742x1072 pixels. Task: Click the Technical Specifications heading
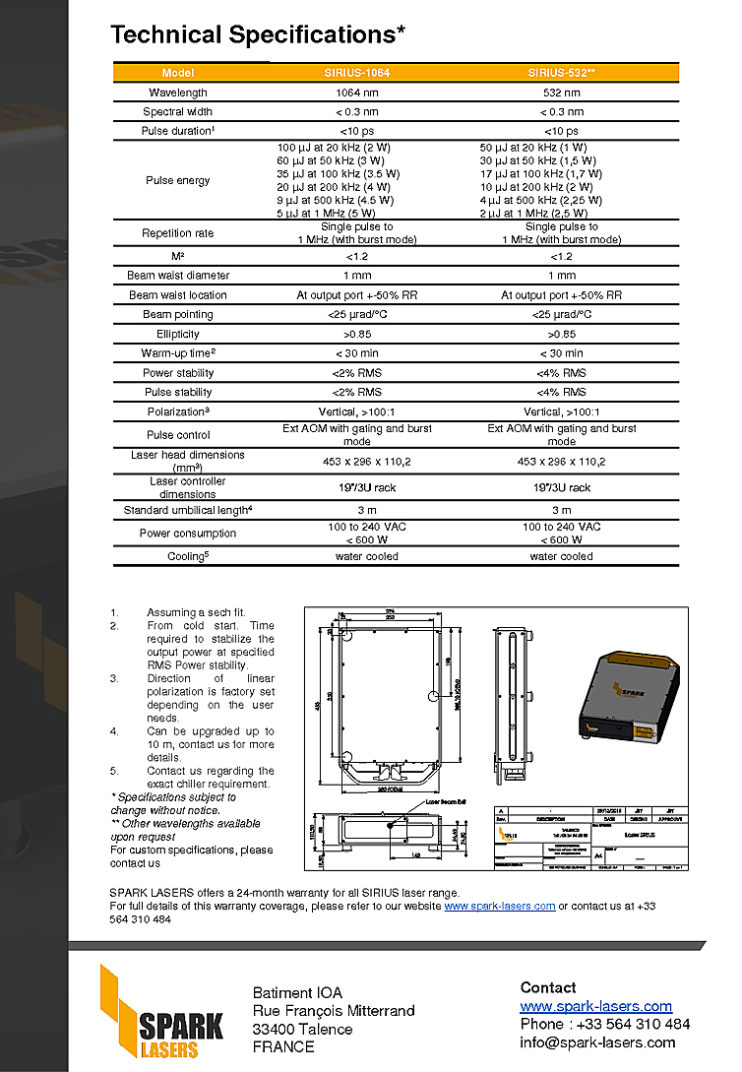[x=258, y=34]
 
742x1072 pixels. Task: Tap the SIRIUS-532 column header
[x=561, y=73]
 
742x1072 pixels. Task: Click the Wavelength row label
[x=177, y=93]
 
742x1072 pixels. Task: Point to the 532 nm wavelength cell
[x=561, y=93]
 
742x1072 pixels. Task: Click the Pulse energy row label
[x=177, y=180]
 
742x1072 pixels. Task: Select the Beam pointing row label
[x=177, y=314]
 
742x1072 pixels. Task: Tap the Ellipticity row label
[x=177, y=334]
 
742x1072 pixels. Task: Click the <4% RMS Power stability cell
[x=561, y=373]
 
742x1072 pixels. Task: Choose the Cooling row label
[x=177, y=556]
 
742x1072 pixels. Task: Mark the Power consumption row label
[x=177, y=534]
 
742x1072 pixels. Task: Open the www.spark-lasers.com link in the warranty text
[x=499, y=906]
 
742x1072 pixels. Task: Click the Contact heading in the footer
[x=548, y=987]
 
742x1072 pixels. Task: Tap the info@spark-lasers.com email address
[x=597, y=1042]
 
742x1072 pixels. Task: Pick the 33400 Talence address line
[x=302, y=1029]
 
